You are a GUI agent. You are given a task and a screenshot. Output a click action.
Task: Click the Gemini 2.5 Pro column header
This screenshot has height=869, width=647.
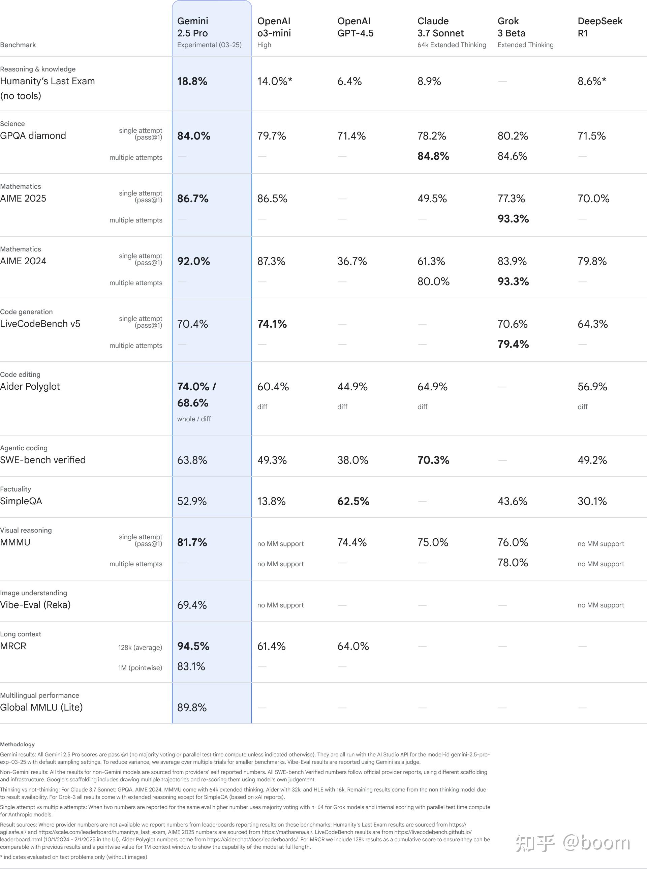[193, 27]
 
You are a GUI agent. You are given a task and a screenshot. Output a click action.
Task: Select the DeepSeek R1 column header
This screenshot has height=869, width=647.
[599, 27]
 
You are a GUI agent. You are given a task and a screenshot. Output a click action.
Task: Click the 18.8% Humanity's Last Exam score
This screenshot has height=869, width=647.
[192, 82]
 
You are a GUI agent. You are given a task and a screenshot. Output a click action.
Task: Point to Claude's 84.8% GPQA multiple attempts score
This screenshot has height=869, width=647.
[433, 156]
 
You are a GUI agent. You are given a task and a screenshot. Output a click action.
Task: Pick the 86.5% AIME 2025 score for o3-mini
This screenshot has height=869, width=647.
[272, 199]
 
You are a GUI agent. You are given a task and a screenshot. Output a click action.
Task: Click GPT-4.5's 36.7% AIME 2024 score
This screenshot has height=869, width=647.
[352, 261]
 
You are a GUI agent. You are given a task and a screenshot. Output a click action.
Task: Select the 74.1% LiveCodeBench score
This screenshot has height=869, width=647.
[272, 324]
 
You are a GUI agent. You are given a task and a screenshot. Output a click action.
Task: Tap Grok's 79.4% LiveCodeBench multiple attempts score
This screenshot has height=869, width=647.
[513, 344]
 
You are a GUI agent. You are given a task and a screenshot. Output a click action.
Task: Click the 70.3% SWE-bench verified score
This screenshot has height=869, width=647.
[433, 460]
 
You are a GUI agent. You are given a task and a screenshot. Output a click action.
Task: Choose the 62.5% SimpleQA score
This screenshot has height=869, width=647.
[353, 501]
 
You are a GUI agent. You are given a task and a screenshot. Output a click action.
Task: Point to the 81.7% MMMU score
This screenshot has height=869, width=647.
[192, 542]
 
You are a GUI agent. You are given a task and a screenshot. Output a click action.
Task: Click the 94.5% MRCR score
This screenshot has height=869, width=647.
[193, 646]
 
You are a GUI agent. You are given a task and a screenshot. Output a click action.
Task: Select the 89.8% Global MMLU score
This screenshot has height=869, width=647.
[192, 707]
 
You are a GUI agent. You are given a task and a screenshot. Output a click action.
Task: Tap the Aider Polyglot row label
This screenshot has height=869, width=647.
[30, 387]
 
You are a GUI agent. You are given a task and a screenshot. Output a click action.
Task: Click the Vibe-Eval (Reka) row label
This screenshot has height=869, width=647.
[35, 605]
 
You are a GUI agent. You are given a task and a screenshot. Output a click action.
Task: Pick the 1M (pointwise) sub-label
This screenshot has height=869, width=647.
[140, 668]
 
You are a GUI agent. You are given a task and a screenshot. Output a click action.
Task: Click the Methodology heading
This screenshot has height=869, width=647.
[17, 744]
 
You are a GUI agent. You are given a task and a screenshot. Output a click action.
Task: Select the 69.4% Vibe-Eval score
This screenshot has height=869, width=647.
[192, 605]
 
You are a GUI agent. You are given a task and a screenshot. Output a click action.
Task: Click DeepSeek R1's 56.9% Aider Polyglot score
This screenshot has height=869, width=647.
[592, 387]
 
